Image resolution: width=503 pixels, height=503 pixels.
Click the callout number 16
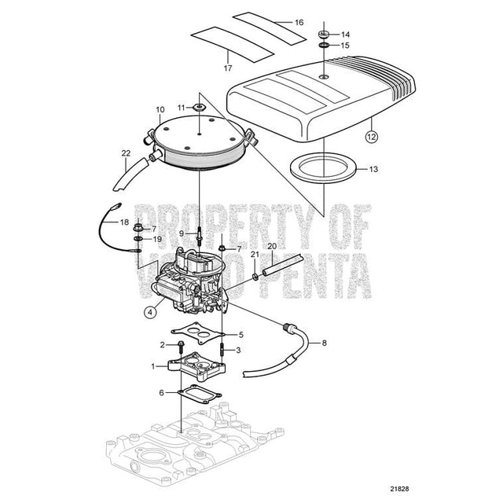click(x=298, y=22)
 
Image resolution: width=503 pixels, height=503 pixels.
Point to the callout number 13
click(x=373, y=168)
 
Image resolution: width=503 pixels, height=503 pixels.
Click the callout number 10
click(x=160, y=110)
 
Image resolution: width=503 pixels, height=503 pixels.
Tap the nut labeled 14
click(x=323, y=34)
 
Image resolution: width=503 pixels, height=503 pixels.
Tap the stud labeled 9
click(x=204, y=234)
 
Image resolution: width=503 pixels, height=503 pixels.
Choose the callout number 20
click(x=271, y=246)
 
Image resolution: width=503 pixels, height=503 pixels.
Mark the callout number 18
click(x=124, y=223)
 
